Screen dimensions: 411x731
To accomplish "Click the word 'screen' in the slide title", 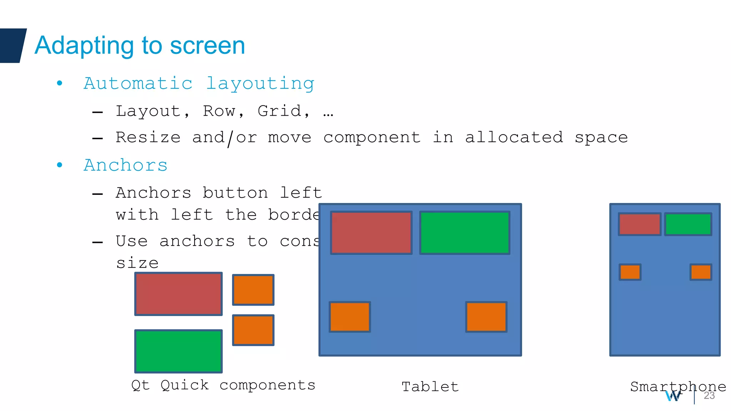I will point(207,46).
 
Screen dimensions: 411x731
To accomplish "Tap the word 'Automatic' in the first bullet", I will point(138,83).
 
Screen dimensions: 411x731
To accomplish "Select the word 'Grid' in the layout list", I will point(279,111).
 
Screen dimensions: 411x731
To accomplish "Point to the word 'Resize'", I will point(148,137).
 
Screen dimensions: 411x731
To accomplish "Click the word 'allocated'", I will point(514,137).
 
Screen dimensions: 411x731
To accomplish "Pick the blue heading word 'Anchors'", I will point(126,165).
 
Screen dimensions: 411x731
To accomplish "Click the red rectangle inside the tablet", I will point(371,233).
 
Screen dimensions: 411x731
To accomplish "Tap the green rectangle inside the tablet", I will point(465,233).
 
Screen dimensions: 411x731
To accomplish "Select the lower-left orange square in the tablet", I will point(350,317).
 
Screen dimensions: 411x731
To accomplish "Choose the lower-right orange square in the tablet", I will point(486,317).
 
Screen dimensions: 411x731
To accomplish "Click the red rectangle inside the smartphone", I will point(640,224).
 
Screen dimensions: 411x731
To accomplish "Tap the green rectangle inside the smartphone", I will point(688,224).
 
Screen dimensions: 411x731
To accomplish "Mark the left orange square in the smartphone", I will point(630,272).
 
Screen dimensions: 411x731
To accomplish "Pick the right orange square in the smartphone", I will point(701,272).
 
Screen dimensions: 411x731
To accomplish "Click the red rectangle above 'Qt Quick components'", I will point(178,294).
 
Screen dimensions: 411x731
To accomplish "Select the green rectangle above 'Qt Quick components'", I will point(178,351).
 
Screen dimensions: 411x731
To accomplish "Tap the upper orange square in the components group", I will point(253,290).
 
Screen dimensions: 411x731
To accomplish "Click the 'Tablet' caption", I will point(430,387).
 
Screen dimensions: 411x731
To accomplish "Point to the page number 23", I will point(709,396).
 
